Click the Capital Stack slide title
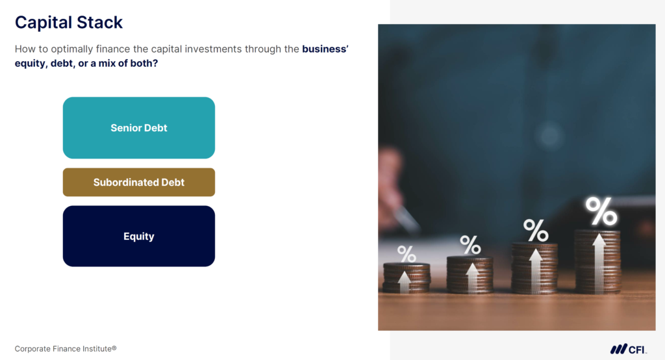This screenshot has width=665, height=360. point(69,22)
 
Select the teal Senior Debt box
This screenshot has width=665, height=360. point(138,128)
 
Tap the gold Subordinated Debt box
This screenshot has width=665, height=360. point(138,183)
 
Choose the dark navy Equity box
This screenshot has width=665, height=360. point(138,237)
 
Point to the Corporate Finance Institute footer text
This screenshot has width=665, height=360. point(66,348)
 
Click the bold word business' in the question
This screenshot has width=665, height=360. point(325,49)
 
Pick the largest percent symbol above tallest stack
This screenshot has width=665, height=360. point(601,211)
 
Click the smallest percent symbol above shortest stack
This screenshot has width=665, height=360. point(407,254)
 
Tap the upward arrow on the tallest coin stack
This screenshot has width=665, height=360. point(598,260)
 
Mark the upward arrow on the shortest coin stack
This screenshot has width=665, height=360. point(404,281)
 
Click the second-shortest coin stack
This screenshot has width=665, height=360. point(470,274)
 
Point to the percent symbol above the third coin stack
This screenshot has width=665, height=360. point(535,230)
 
